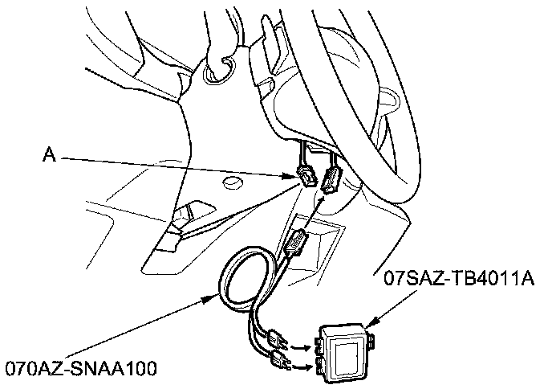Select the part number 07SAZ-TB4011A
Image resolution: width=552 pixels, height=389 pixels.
pos(459,279)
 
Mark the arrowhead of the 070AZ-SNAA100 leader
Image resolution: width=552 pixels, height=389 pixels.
pos(215,297)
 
